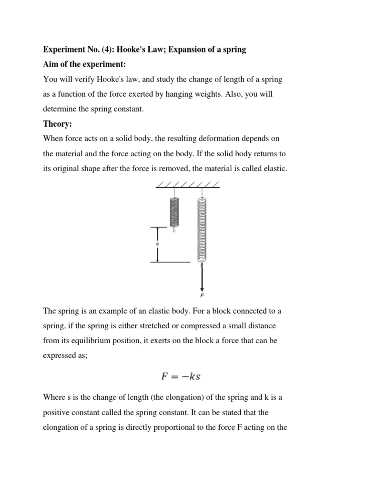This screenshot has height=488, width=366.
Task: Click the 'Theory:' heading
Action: [x=57, y=124]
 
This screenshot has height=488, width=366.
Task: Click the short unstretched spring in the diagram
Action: [x=174, y=211]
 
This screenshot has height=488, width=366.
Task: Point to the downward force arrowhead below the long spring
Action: [x=203, y=288]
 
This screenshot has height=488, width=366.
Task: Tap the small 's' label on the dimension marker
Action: [x=158, y=244]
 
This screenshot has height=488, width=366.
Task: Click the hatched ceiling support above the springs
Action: [x=187, y=185]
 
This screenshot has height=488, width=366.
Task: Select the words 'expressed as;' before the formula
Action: [x=65, y=356]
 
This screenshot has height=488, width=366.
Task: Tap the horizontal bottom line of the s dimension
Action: [x=170, y=262]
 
